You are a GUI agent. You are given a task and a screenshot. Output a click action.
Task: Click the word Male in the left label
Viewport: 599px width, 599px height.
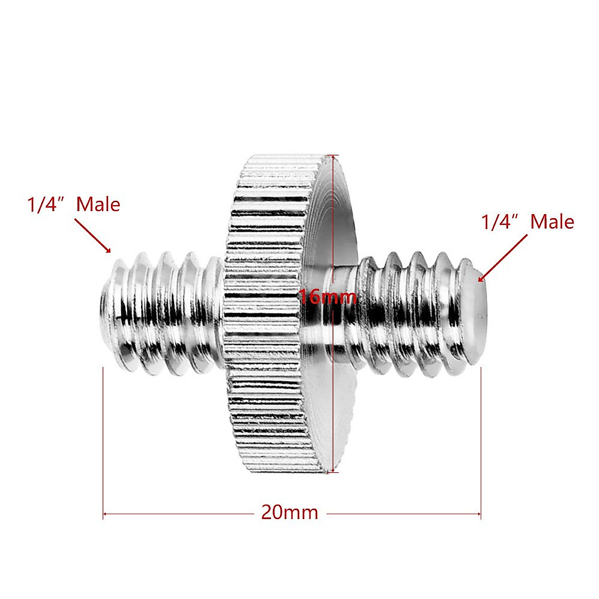pos(98,205)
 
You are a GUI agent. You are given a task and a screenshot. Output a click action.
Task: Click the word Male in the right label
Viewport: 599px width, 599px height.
pos(552,222)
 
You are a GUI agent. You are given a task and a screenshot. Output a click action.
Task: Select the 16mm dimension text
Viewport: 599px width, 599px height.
pos(327,298)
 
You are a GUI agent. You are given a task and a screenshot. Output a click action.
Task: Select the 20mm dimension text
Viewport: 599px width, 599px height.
pos(290,513)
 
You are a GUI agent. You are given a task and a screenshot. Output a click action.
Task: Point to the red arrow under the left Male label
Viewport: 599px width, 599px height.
pos(93,235)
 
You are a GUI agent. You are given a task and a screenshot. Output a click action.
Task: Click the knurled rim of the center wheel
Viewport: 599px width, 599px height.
pos(265,319)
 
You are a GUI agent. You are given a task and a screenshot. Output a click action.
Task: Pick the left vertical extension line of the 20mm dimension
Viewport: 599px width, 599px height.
pos(103,439)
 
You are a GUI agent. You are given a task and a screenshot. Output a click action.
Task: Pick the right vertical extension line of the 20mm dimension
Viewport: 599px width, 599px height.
pos(481,439)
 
